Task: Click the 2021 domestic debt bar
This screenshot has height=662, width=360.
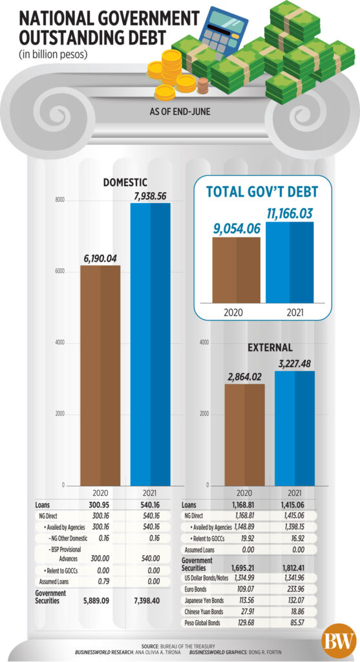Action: (x=150, y=345)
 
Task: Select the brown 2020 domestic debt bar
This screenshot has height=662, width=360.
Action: (x=100, y=376)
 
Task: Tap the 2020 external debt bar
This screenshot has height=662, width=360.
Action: (x=245, y=435)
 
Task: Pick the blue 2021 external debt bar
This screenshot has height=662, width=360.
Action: (x=295, y=429)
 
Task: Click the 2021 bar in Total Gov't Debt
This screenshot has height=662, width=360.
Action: (x=290, y=262)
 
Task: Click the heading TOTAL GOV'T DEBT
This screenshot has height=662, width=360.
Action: (x=262, y=191)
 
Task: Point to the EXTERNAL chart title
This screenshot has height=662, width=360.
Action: (x=270, y=348)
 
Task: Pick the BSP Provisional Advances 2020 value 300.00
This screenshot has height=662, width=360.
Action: (x=100, y=558)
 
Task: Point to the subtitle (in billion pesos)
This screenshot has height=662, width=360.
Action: (x=53, y=55)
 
